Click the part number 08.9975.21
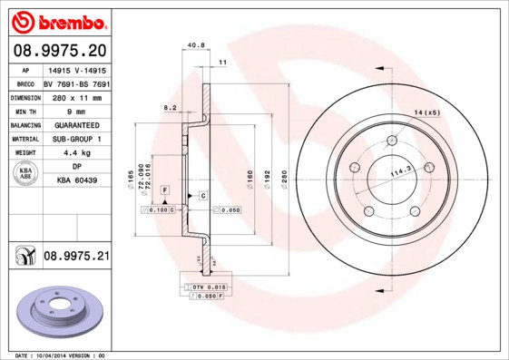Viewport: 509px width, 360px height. pos(76,257)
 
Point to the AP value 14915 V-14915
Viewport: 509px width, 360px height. pos(77,70)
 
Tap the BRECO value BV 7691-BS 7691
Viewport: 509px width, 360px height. pos(77,83)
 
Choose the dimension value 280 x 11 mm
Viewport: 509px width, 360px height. pos(77,97)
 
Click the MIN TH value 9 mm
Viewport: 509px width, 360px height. pos(77,111)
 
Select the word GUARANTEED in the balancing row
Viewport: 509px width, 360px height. pos(77,124)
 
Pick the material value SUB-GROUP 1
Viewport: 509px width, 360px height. pos(77,139)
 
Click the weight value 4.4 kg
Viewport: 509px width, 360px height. pos(77,153)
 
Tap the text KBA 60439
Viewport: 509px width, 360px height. pos(77,181)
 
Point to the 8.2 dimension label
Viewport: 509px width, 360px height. pos(169,107)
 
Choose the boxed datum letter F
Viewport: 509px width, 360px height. pos(164,189)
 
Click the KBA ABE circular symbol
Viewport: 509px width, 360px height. pos(26,174)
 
